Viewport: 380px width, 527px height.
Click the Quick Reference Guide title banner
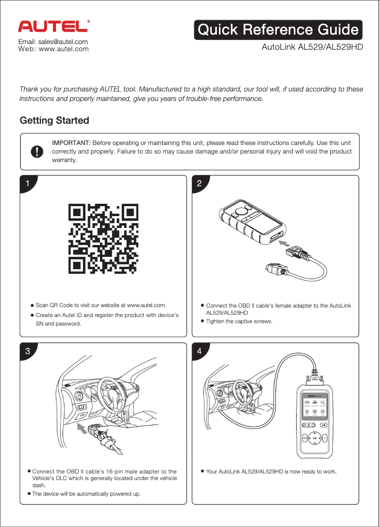(x=278, y=30)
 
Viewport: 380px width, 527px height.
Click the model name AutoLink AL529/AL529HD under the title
(x=312, y=47)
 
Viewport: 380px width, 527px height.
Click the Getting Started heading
(x=54, y=120)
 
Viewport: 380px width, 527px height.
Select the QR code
(x=103, y=238)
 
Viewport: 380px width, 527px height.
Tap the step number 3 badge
(x=28, y=351)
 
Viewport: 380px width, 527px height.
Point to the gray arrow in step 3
(x=85, y=429)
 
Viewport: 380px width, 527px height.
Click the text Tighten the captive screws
(x=239, y=321)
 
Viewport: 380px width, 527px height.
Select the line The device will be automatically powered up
(x=86, y=494)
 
